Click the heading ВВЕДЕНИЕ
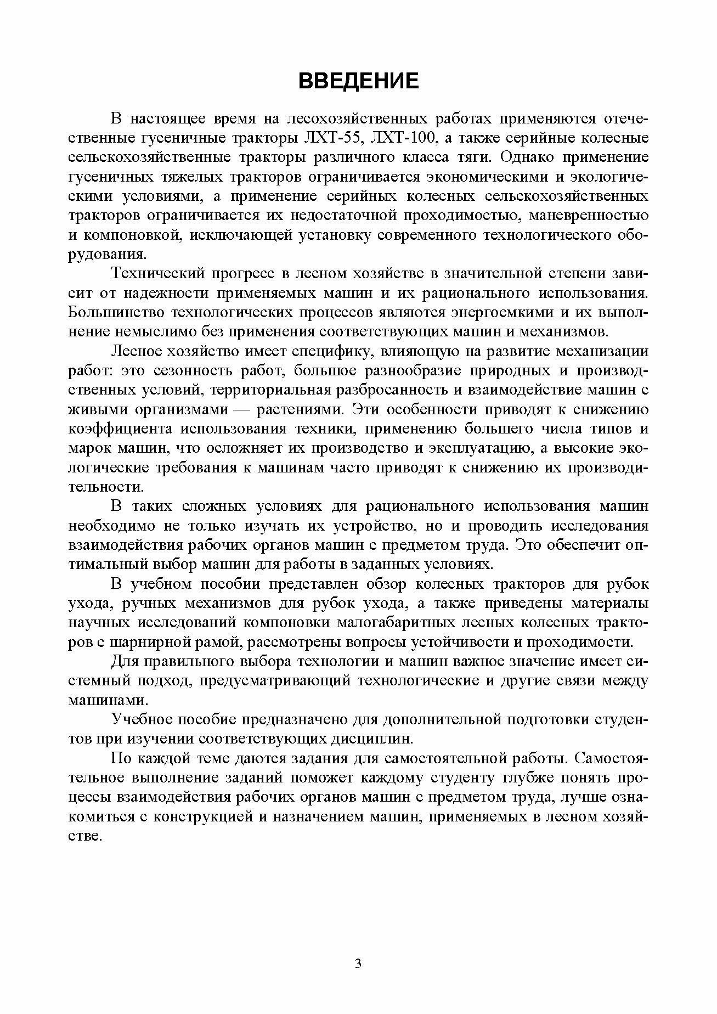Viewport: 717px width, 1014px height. click(358, 81)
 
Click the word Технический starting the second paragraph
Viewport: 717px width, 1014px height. click(155, 273)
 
